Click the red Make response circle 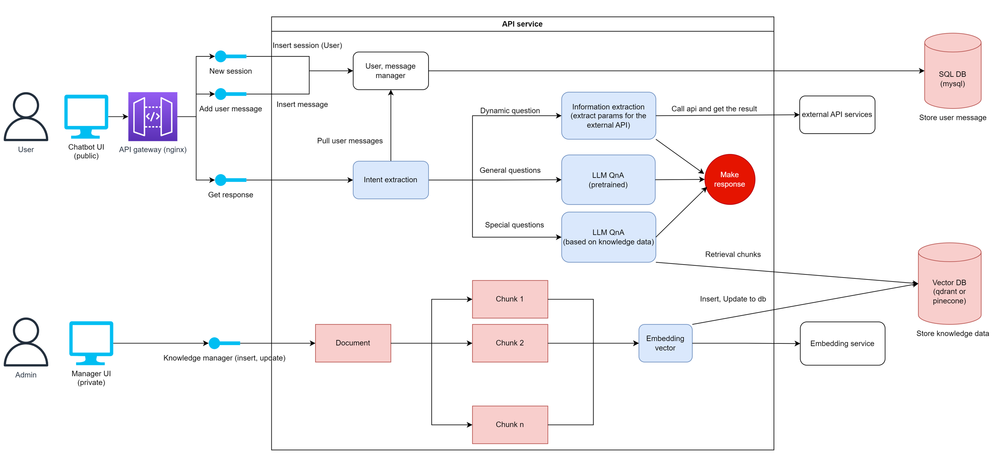(x=729, y=179)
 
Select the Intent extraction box (x=390, y=180)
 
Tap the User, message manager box (x=390, y=71)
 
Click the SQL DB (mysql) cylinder (x=952, y=74)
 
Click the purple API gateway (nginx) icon (x=153, y=116)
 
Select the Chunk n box (x=510, y=425)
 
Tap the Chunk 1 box (x=510, y=299)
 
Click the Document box (x=353, y=343)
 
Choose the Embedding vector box (x=665, y=343)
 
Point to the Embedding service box (x=842, y=343)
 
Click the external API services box (x=837, y=114)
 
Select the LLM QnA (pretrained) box (x=608, y=180)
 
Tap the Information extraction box (x=608, y=116)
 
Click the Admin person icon (x=26, y=342)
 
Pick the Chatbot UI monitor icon (x=86, y=116)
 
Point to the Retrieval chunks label (x=732, y=254)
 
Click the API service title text (x=522, y=24)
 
